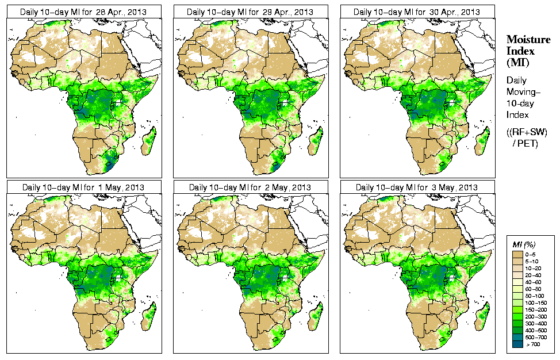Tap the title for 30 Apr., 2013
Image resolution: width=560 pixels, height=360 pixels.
point(417,12)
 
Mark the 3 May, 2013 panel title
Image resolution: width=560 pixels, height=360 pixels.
point(417,187)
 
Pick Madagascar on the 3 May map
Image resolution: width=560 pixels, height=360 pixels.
point(481,316)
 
